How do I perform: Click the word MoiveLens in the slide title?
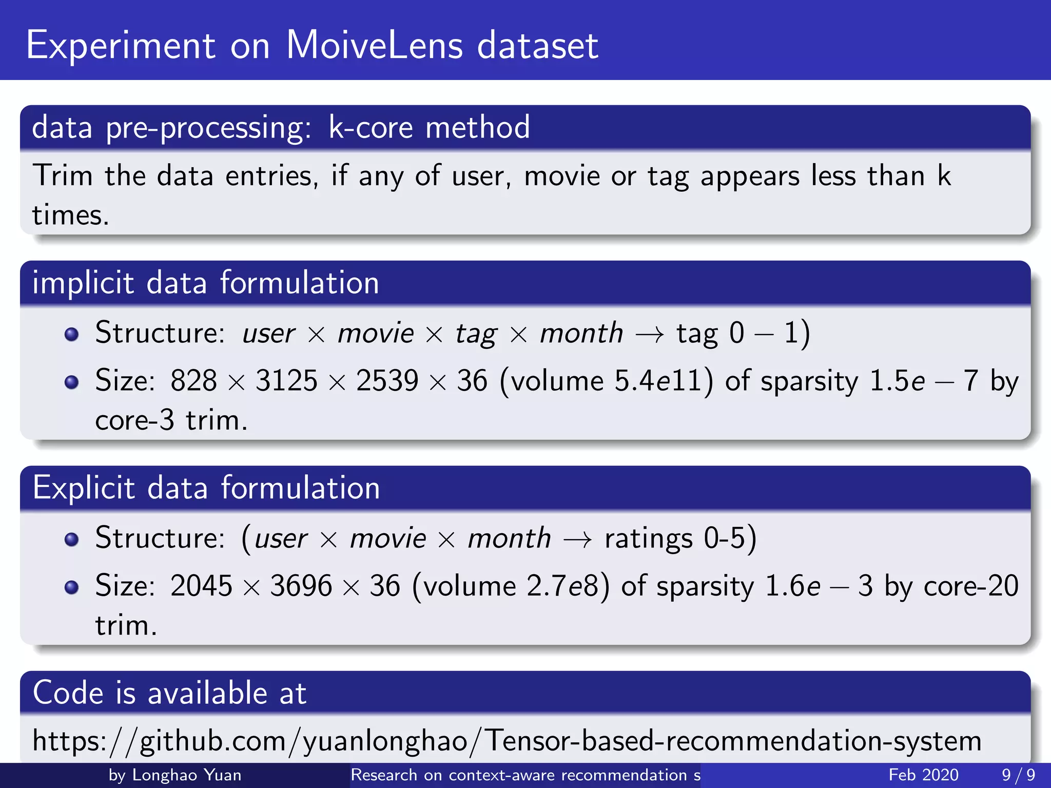pyautogui.click(x=374, y=45)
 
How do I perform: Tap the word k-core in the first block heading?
pyautogui.click(x=370, y=127)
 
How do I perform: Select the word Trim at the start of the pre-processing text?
pyautogui.click(x=62, y=175)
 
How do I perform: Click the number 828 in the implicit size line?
pyautogui.click(x=193, y=381)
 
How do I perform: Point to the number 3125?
pyautogui.click(x=286, y=381)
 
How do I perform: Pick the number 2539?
pyautogui.click(x=387, y=381)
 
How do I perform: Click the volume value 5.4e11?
pyautogui.click(x=658, y=381)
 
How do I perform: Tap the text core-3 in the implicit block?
pyautogui.click(x=134, y=420)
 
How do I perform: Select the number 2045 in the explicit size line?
pyautogui.click(x=201, y=586)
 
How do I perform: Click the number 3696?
pyautogui.click(x=301, y=586)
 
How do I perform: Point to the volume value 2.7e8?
pyautogui.click(x=563, y=586)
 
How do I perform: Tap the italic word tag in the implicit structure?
pyautogui.click(x=476, y=334)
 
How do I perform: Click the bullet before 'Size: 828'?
pyautogui.click(x=71, y=382)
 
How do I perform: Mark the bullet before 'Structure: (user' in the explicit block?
pyautogui.click(x=71, y=539)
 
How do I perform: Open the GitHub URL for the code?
pyautogui.click(x=507, y=741)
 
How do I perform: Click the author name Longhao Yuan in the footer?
pyautogui.click(x=186, y=775)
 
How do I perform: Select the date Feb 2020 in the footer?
pyautogui.click(x=923, y=775)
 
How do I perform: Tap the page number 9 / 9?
pyautogui.click(x=1018, y=775)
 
